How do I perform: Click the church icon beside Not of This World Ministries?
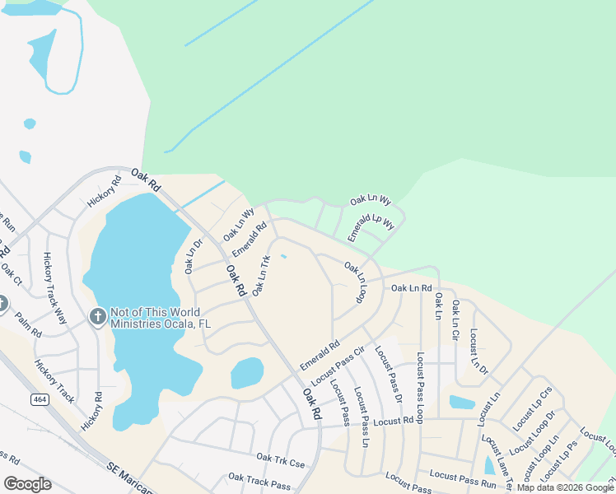point(97,317)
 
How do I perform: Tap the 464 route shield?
point(39,399)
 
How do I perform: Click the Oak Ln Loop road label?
point(355,282)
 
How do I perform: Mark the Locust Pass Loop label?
point(420,388)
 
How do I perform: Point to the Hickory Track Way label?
point(54,288)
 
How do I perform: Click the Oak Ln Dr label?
point(193,255)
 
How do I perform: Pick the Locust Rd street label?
point(392,422)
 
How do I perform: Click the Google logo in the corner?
point(27,484)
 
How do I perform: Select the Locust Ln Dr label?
point(478,352)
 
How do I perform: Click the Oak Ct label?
point(11,273)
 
